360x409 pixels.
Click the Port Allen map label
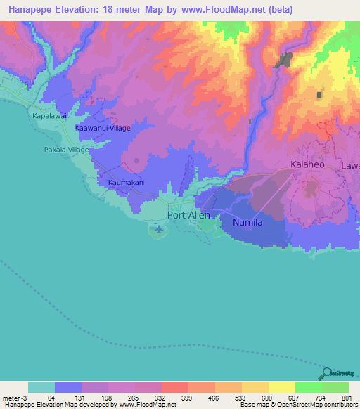[x=188, y=215]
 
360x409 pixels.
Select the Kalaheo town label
[x=309, y=166]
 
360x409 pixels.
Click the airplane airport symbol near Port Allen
[x=159, y=229]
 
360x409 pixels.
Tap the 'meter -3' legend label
[x=13, y=397]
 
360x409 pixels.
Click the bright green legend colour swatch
[x=309, y=387]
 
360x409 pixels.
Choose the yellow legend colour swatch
[x=282, y=387]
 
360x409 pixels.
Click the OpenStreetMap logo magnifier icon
[x=328, y=372]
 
